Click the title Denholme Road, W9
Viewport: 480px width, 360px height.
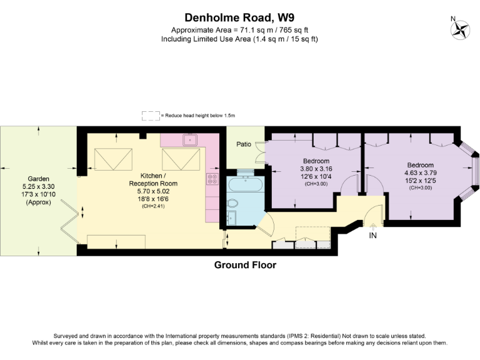click(239, 17)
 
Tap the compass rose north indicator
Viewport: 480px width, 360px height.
click(462, 29)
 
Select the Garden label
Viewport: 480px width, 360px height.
click(38, 178)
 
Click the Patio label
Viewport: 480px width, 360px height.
click(244, 144)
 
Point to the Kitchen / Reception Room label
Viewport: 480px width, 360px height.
click(153, 179)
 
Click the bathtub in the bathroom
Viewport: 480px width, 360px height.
click(246, 184)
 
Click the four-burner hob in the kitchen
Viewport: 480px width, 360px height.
click(211, 179)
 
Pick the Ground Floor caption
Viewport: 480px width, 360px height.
click(245, 265)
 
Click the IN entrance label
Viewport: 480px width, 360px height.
click(373, 236)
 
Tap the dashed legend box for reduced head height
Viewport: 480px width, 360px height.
click(150, 116)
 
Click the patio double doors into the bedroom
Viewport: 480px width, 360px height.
click(259, 153)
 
